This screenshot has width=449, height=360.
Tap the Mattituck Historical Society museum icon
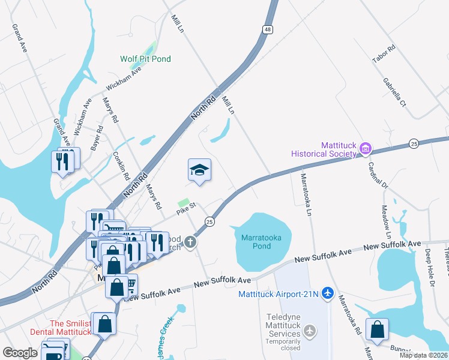click(365, 148)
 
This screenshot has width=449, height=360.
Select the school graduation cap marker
click(199, 170)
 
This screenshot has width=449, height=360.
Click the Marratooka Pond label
click(261, 242)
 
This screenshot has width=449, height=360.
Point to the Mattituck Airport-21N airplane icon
click(327, 293)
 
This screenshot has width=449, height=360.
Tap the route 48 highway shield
click(267, 29)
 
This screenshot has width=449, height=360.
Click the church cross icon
click(190, 242)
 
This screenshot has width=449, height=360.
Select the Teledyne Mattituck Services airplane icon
click(310, 331)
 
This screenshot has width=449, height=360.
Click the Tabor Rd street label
click(383, 55)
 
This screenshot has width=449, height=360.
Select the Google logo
click(20, 353)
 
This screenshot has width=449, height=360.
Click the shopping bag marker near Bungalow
click(376, 329)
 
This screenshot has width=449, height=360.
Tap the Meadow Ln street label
click(385, 221)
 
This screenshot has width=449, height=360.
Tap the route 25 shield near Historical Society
click(414, 143)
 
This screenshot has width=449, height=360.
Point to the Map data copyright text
click(423, 355)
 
